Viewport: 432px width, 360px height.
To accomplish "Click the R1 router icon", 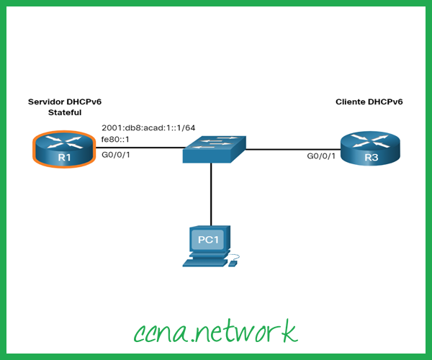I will tap(63, 148).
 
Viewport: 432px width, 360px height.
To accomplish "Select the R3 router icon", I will tap(369, 148).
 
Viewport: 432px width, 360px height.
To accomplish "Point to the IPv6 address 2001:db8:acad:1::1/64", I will tap(148, 127).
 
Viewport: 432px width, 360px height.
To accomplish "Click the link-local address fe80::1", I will tap(115, 140).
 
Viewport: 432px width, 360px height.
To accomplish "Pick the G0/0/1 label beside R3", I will tap(321, 156).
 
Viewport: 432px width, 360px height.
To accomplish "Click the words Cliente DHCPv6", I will tap(369, 102).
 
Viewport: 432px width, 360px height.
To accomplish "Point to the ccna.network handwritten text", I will tap(215, 330).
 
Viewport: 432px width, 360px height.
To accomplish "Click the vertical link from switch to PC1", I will tap(210, 194).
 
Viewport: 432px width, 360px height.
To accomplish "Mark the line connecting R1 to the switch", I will tap(137, 149).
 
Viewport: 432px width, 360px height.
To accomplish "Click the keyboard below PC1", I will tap(204, 263).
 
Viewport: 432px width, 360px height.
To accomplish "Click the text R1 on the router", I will tap(63, 158).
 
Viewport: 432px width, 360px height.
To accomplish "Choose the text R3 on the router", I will tap(369, 158).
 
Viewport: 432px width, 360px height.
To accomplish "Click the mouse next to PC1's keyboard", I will tap(233, 263).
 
